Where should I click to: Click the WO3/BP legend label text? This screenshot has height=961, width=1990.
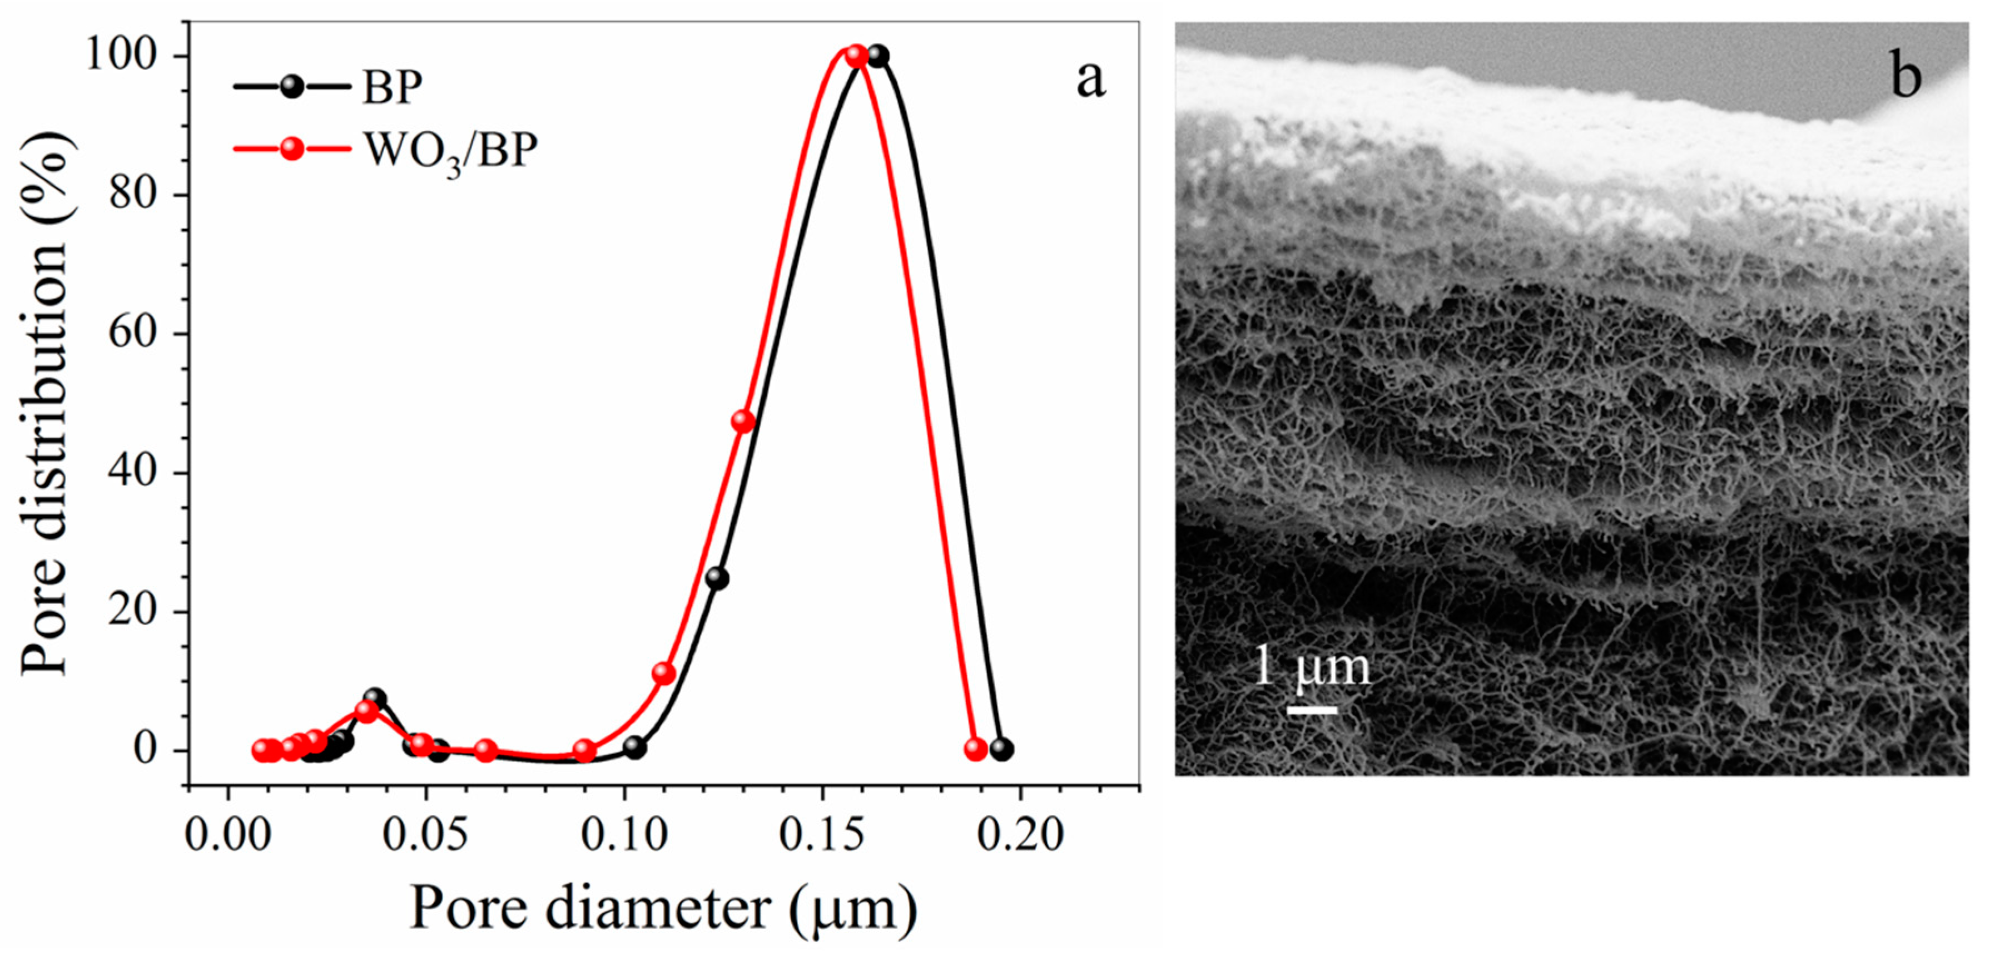click(450, 151)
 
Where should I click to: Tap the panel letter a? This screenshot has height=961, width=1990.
click(1090, 80)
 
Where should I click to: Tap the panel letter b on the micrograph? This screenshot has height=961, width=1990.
click(1906, 78)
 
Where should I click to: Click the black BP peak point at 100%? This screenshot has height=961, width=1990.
click(877, 56)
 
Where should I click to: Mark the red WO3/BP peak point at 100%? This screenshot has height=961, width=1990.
click(856, 56)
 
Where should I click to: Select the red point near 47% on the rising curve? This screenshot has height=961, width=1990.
click(742, 421)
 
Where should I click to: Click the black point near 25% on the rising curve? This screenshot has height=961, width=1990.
click(717, 578)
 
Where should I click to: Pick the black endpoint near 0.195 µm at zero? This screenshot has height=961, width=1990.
click(1001, 749)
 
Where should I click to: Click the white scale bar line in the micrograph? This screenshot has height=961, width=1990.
click(1313, 709)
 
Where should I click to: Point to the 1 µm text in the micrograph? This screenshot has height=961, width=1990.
click(1311, 667)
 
